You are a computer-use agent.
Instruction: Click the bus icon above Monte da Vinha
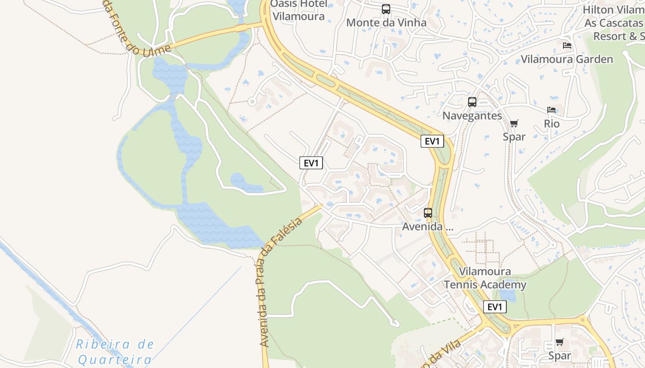coord(386,9)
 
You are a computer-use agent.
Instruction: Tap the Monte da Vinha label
coord(386,23)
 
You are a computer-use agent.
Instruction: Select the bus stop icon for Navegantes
coord(472,102)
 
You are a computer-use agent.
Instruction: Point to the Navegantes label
coord(472,115)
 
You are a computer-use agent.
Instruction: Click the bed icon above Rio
coord(551,110)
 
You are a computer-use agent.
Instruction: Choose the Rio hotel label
coord(551,124)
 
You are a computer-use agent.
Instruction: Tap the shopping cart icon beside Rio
coord(514,123)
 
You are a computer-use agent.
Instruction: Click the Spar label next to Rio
coord(514,137)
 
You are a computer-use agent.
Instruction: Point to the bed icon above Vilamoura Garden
coord(567,46)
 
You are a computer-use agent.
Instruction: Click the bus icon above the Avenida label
coord(428,213)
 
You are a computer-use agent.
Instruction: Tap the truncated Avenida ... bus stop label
coord(428,226)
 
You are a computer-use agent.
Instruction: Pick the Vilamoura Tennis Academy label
coord(485,278)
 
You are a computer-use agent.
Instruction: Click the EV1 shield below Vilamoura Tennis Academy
coord(495,307)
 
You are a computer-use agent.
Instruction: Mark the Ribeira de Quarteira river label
coord(115,351)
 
